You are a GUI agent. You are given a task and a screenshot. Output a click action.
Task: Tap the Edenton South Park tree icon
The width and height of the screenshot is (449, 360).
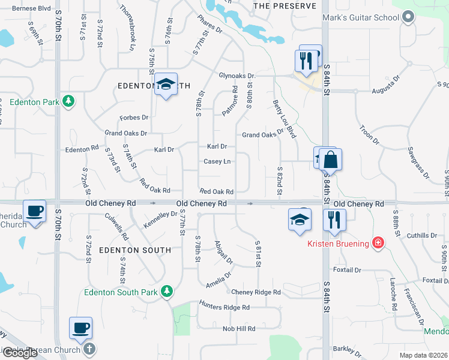pos(169,292)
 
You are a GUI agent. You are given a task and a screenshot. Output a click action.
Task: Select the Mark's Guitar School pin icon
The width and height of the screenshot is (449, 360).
pos(408,17)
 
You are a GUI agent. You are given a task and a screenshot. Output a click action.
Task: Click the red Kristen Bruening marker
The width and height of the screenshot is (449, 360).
pos(378,243)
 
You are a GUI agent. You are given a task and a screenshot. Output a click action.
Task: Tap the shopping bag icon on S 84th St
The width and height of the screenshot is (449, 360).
pos(330,161)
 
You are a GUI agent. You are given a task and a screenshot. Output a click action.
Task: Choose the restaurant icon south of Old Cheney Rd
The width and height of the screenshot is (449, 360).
pos(334,220)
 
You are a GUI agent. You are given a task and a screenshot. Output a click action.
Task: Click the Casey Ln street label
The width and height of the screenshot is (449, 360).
pos(217,161)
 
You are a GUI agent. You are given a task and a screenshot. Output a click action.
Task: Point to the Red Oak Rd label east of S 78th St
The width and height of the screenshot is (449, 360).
pos(216,191)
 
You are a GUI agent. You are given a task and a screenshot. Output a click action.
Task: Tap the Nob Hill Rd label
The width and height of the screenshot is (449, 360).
pos(239,328)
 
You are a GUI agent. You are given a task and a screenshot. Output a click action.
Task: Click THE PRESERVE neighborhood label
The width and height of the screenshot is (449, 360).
pos(285,5)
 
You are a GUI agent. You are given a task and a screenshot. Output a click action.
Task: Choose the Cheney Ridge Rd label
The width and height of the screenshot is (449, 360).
pos(256,292)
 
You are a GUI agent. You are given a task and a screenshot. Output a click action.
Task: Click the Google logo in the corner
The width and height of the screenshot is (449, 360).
pos(20,353)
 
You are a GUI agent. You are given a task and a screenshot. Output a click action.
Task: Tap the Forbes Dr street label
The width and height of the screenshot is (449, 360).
pos(133,117)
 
